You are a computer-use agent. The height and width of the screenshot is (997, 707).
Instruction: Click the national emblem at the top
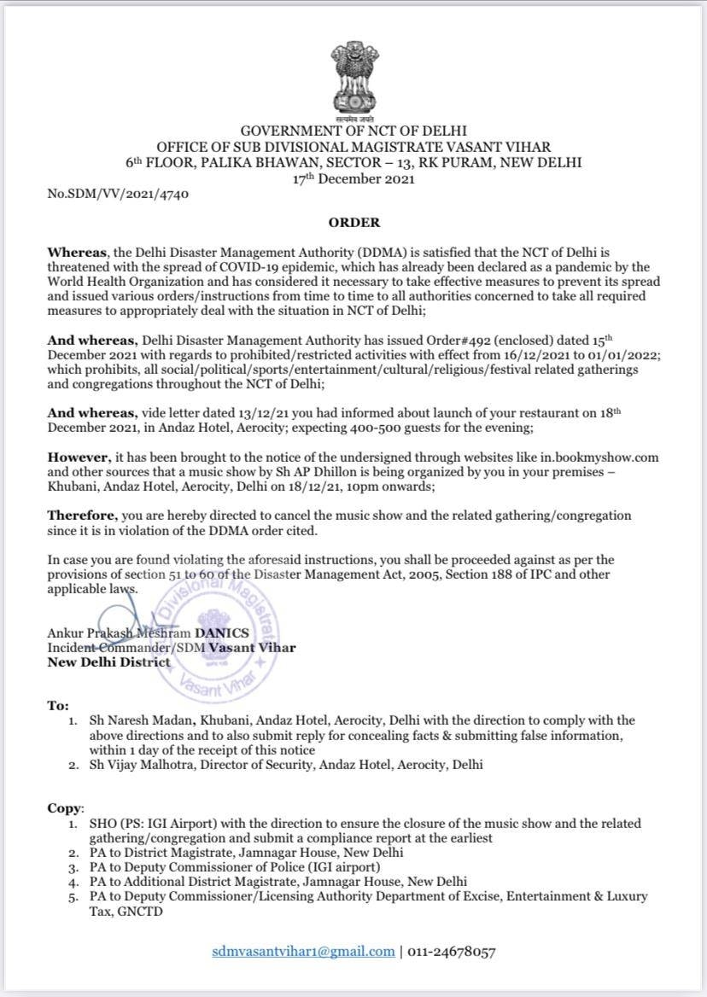(353, 79)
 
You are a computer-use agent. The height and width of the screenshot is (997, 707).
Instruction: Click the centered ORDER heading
(354, 222)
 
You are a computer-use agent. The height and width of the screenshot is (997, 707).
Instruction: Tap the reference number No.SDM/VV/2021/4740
(118, 194)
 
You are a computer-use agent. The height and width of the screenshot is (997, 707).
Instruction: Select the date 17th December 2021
(353, 178)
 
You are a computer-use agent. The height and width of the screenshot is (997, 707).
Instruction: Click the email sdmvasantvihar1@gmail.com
(303, 951)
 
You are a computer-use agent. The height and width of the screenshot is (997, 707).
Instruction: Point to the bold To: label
(57, 706)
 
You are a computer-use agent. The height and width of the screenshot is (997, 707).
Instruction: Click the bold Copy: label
(65, 807)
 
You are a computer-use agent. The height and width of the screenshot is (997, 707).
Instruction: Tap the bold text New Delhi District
(108, 662)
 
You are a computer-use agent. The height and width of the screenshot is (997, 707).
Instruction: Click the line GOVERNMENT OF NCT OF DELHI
(353, 131)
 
